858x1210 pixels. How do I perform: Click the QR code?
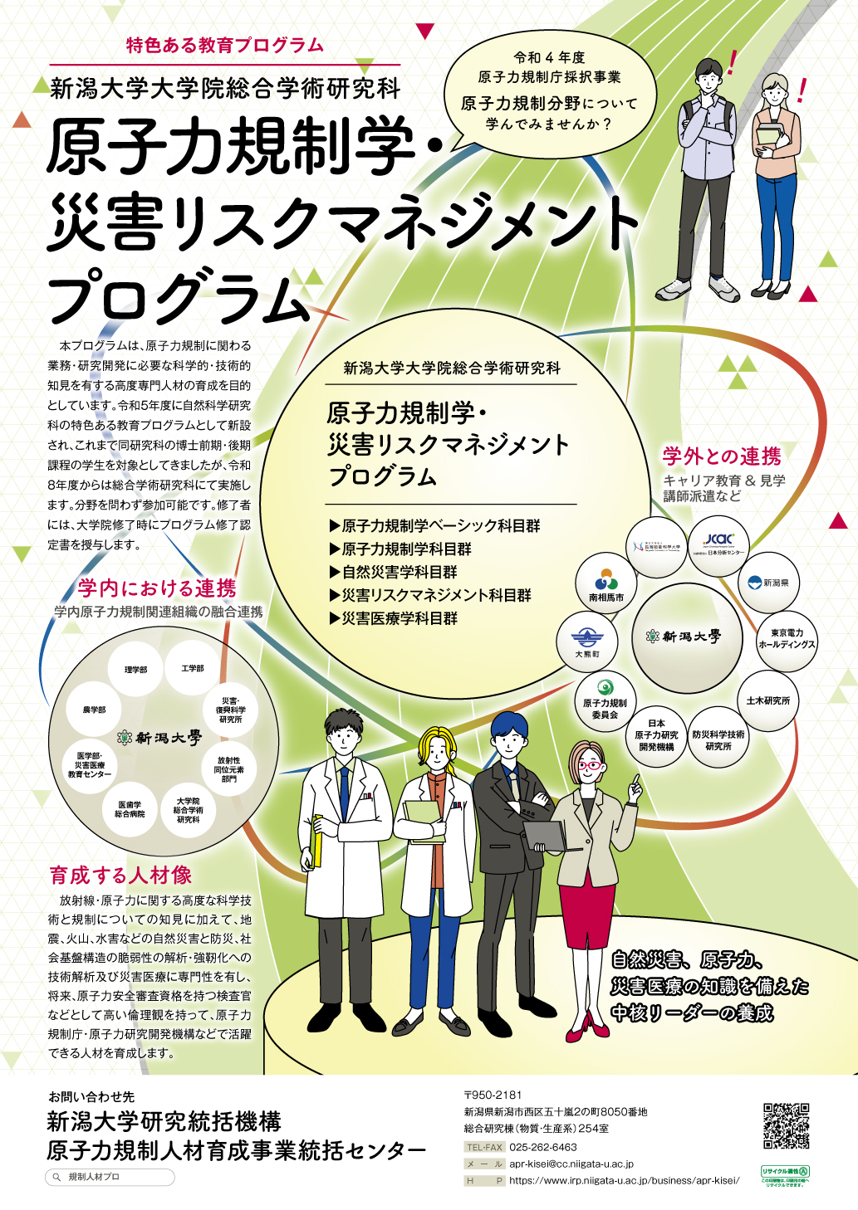pos(786,1125)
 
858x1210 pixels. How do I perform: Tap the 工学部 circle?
pos(193,668)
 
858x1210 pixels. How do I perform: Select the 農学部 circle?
pos(94,710)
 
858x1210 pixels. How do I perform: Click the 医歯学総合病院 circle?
pos(130,809)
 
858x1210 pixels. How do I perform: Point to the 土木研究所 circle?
pos(767,701)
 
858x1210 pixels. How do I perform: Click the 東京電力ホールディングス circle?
pos(787,639)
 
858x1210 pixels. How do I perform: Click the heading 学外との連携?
pos(722,456)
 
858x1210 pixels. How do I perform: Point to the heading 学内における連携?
pos(157,588)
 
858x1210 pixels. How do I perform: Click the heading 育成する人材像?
pos(120,875)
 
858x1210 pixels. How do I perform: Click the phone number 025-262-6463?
pos(543,1147)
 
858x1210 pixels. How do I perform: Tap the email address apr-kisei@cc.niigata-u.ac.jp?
pos(571,1164)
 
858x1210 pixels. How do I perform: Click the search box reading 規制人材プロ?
pos(110,1177)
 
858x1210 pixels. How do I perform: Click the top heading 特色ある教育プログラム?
pos(225,46)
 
